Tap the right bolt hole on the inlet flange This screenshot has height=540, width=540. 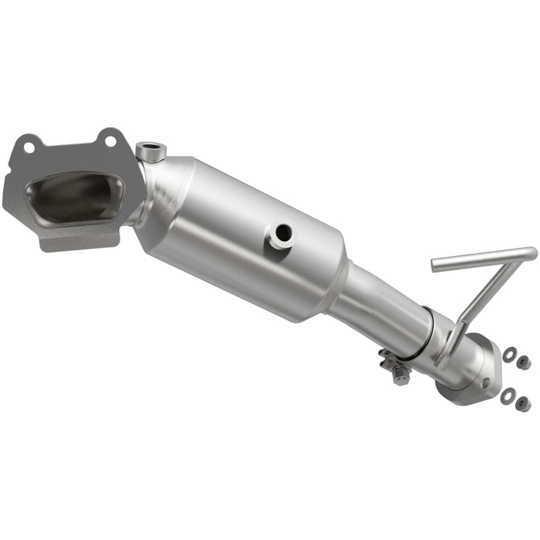[x=110, y=140]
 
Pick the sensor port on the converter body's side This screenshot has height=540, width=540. [x=282, y=233]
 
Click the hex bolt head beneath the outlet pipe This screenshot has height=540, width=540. [x=400, y=376]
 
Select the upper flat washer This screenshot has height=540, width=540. [x=509, y=355]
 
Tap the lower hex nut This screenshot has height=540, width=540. [x=523, y=403]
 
